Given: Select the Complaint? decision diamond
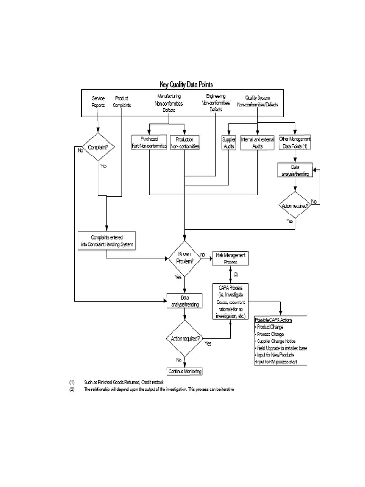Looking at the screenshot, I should pyautogui.click(x=98, y=147).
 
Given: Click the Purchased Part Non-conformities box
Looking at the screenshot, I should pyautogui.click(x=149, y=143).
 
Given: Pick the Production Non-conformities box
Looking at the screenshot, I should pyautogui.click(x=184, y=143).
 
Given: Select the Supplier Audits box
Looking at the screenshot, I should pyautogui.click(x=229, y=143).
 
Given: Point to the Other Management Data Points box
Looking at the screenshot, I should pyautogui.click(x=295, y=143).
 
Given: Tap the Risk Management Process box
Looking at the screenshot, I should pyautogui.click(x=231, y=259).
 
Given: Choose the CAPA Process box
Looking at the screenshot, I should pyautogui.click(x=231, y=302).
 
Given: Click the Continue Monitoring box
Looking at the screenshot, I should pyautogui.click(x=185, y=371).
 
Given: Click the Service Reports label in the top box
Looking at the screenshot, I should pyautogui.click(x=98, y=102).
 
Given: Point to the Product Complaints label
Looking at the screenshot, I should pyautogui.click(x=122, y=102).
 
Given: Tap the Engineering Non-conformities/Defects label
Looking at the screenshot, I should pyautogui.click(x=216, y=102).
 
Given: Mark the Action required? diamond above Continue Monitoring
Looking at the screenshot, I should pyautogui.click(x=185, y=338).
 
